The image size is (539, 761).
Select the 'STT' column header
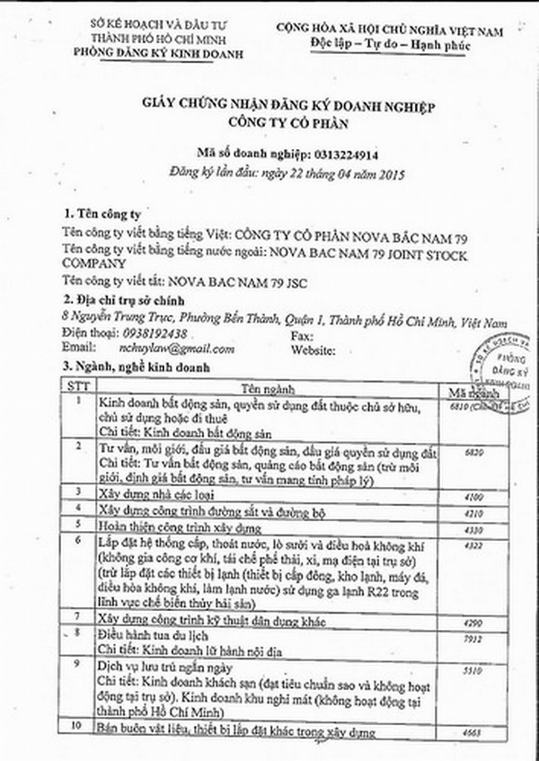click(x=71, y=385)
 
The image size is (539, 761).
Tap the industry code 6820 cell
click(x=477, y=456)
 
